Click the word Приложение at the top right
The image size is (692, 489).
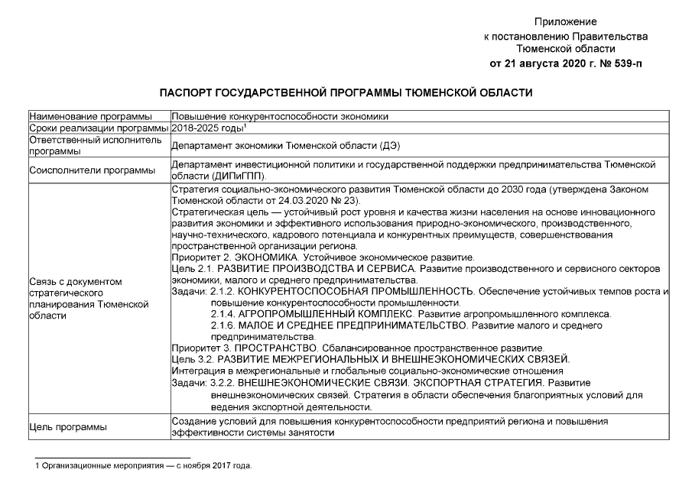tap(565, 21)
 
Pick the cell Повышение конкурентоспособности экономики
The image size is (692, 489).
tap(280, 117)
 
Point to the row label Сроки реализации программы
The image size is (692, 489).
tap(98, 128)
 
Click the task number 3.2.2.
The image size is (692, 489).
tap(222, 382)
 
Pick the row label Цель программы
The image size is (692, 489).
tap(67, 426)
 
